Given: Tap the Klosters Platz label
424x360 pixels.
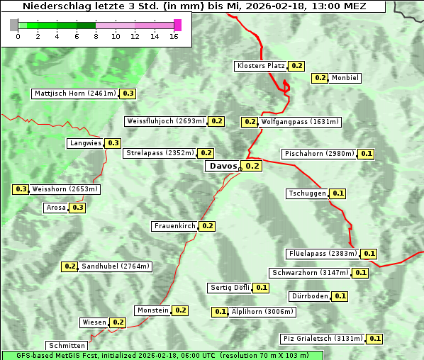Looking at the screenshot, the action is tap(260, 66).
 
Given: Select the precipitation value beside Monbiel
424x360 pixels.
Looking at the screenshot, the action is tap(320, 78).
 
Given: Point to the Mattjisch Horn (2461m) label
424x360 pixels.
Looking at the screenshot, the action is tap(75, 94).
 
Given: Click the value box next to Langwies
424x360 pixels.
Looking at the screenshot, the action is tap(113, 143).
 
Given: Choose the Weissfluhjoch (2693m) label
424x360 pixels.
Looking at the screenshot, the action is tap(166, 121).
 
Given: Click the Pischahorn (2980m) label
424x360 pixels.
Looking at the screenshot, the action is tap(318, 154).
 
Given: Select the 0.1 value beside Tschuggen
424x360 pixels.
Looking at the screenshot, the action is tap(338, 193).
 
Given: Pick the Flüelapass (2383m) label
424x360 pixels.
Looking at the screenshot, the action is tap(323, 254).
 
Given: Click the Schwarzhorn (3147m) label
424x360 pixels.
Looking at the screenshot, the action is tap(311, 273).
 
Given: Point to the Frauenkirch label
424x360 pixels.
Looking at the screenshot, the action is tap(174, 226).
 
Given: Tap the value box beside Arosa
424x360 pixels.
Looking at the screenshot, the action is tap(78, 208).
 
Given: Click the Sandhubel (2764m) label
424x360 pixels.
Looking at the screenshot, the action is tap(116, 266).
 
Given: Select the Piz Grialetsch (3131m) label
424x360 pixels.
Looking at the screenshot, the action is tap(323, 339).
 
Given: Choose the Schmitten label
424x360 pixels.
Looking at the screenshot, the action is tap(68, 346).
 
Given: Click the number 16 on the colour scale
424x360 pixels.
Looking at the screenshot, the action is tap(174, 36).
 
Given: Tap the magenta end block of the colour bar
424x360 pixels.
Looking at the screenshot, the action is tap(177, 25).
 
